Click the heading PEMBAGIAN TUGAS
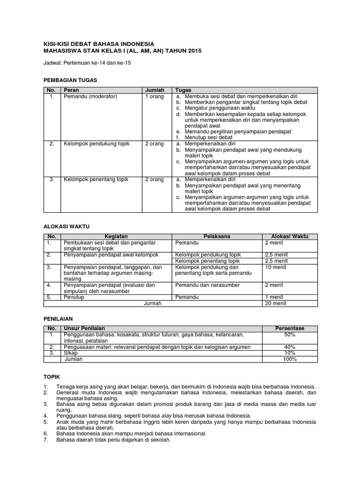coord(70,81)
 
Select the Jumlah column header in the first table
coord(155,90)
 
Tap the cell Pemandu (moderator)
coord(90,96)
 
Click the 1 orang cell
coord(155,96)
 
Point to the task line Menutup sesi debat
coord(209,137)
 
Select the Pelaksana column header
coord(217,237)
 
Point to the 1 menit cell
coord(274,297)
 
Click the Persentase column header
coord(289,329)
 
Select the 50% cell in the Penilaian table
coord(289,335)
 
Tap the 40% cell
coord(289,347)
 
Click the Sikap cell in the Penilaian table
coord(70,353)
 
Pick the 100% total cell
coord(289,359)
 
